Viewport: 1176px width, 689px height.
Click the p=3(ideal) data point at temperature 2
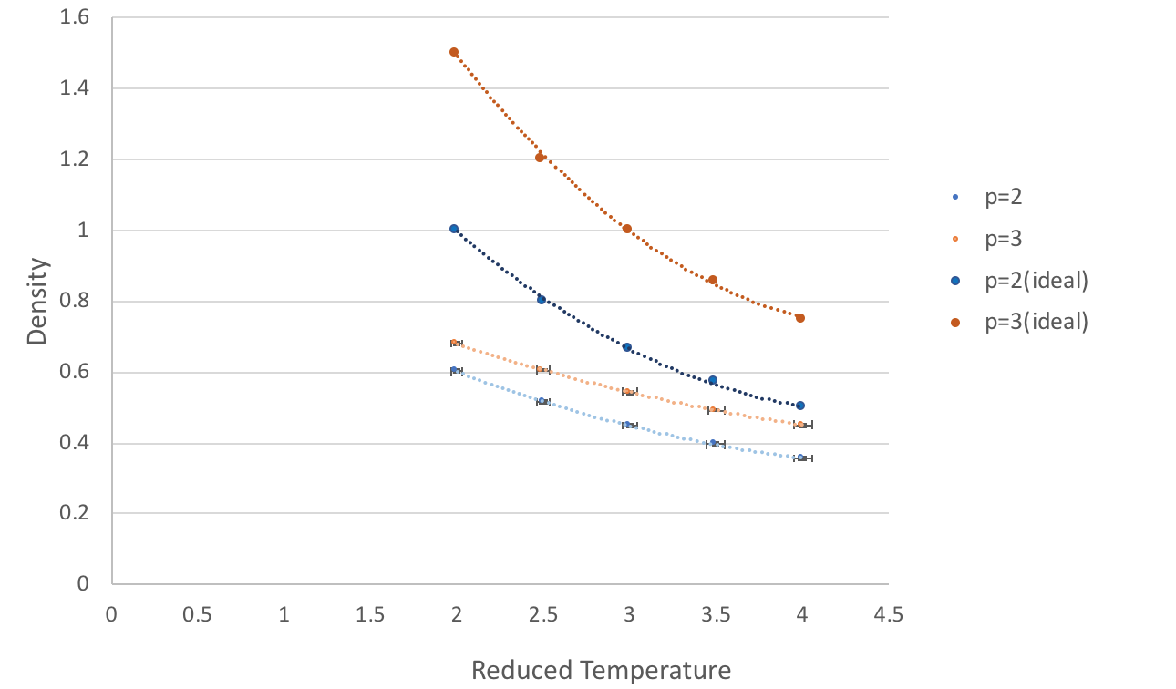point(454,53)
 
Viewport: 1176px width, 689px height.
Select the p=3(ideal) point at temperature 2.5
point(540,158)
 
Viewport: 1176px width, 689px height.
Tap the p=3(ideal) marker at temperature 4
point(800,318)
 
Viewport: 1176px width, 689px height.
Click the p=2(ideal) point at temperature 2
point(454,229)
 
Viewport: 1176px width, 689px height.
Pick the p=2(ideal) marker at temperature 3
point(627,347)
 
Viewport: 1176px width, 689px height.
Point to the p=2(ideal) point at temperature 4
point(800,406)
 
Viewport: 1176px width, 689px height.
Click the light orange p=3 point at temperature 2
point(454,343)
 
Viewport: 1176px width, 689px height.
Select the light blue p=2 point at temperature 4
point(801,458)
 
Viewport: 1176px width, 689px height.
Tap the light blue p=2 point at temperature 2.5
point(542,401)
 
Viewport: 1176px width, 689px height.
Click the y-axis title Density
point(36,301)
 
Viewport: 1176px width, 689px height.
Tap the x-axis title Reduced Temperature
point(601,671)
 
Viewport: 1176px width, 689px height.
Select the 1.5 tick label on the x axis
point(370,615)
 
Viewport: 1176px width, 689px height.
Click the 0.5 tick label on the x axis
point(198,615)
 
